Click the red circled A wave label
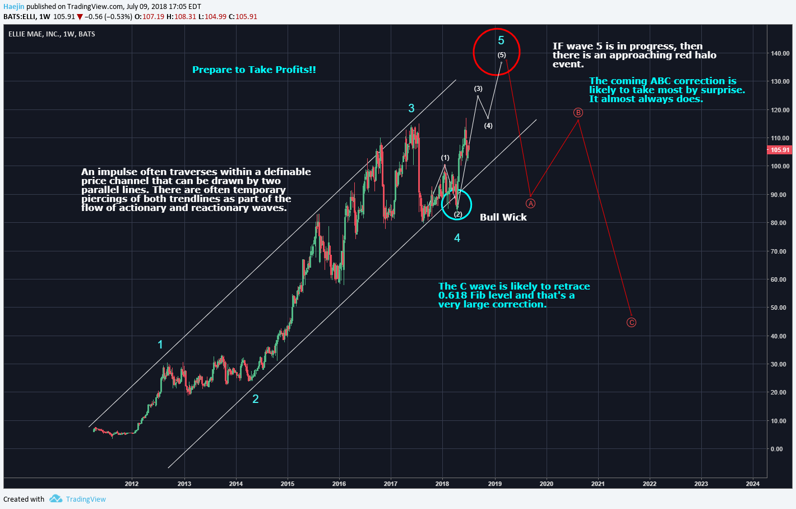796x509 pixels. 530,203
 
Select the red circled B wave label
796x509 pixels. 578,113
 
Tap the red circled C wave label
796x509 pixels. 631,322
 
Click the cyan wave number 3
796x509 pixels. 411,108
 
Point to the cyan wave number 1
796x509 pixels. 160,345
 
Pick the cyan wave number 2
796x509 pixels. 256,399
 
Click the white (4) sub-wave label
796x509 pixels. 488,126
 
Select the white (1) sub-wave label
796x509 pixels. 445,158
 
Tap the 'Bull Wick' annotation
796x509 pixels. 503,217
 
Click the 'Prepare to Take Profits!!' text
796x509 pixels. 254,70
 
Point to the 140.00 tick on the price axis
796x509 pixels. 780,53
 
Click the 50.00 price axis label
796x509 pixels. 778,308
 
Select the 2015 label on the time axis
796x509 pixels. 287,484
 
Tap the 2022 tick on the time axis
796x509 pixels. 649,484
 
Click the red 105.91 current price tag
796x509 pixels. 780,150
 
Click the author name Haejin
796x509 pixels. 13,7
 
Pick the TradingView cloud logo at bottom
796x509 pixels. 55,499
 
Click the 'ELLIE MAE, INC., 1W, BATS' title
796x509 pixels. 52,34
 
